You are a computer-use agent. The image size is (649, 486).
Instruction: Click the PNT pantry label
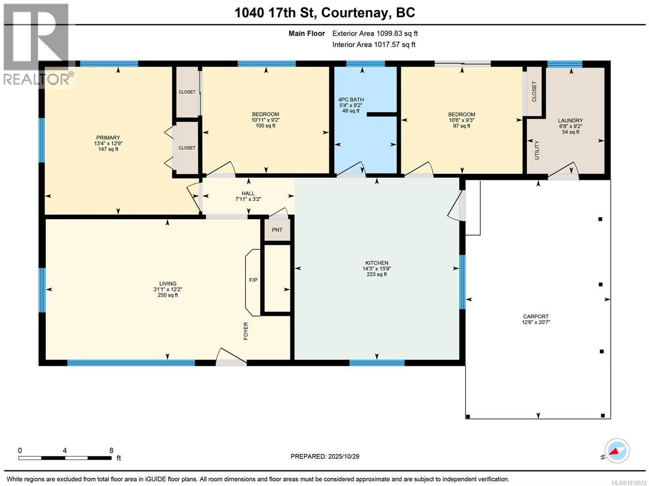tap(277, 230)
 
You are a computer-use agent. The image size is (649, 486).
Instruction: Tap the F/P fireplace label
tap(253, 280)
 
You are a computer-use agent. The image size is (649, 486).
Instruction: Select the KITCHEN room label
tap(377, 263)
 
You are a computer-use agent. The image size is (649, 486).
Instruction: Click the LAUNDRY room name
tap(570, 120)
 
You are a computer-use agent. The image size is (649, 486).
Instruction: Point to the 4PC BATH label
tap(351, 99)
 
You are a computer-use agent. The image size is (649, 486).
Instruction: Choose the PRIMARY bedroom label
tap(108, 138)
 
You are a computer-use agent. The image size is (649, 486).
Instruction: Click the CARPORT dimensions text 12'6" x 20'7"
tap(536, 323)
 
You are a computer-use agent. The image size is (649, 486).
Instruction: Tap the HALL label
tap(248, 194)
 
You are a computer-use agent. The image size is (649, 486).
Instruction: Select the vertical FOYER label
tap(245, 331)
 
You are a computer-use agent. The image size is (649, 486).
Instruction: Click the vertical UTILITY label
tap(537, 150)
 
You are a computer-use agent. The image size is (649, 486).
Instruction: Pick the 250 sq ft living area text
tap(168, 295)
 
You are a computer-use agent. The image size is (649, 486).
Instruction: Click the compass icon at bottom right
tap(617, 451)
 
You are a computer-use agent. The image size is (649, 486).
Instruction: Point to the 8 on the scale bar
tap(111, 450)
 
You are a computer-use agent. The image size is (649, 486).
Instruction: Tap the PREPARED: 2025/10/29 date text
tap(325, 456)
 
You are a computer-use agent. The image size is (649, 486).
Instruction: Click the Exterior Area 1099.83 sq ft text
tap(375, 34)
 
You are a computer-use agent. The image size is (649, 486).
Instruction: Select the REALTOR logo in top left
tap(37, 45)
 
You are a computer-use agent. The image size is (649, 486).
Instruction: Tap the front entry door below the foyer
tap(231, 357)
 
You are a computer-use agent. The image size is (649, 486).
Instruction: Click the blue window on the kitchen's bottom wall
tap(377, 363)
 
